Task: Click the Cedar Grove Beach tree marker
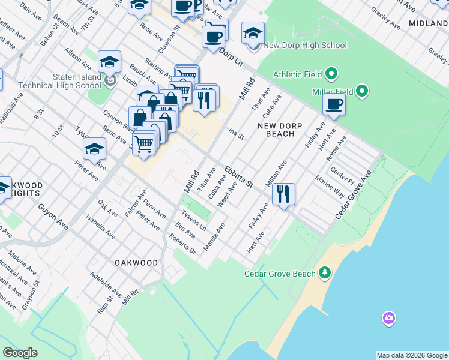(325, 274)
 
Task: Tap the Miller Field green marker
(362, 91)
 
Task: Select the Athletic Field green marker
(331, 75)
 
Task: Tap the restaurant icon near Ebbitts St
(283, 194)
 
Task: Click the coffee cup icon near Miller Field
(334, 104)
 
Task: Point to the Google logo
(20, 353)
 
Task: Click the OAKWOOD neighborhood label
(136, 263)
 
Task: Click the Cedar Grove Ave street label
(354, 193)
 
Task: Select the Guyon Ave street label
(53, 215)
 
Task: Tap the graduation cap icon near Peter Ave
(94, 149)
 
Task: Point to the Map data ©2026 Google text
(411, 355)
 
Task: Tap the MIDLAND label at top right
(428, 23)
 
